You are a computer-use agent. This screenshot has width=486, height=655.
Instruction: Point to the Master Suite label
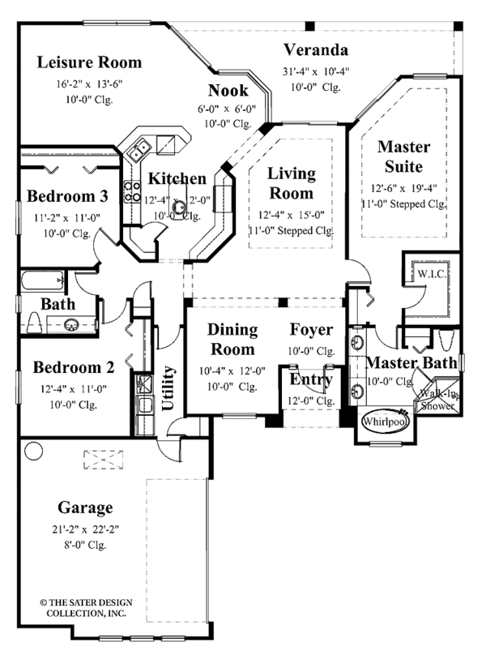click(403, 157)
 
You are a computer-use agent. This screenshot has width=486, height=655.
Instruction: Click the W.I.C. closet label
click(425, 273)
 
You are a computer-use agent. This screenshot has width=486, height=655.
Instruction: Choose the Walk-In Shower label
click(436, 400)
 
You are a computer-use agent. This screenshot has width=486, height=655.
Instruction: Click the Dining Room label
click(232, 340)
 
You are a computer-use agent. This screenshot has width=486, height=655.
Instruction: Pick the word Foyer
click(311, 330)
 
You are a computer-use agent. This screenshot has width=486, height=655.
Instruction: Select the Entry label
click(311, 379)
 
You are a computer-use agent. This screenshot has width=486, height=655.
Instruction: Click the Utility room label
click(169, 388)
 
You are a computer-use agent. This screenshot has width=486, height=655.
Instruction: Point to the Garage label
click(84, 508)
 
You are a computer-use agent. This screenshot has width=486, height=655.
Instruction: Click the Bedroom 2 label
click(74, 367)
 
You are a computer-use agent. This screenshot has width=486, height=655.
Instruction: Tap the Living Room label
click(291, 184)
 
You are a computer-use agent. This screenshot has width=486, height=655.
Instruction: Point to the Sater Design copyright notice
click(81, 608)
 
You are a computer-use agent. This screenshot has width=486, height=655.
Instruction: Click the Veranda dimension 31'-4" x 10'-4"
click(316, 71)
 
